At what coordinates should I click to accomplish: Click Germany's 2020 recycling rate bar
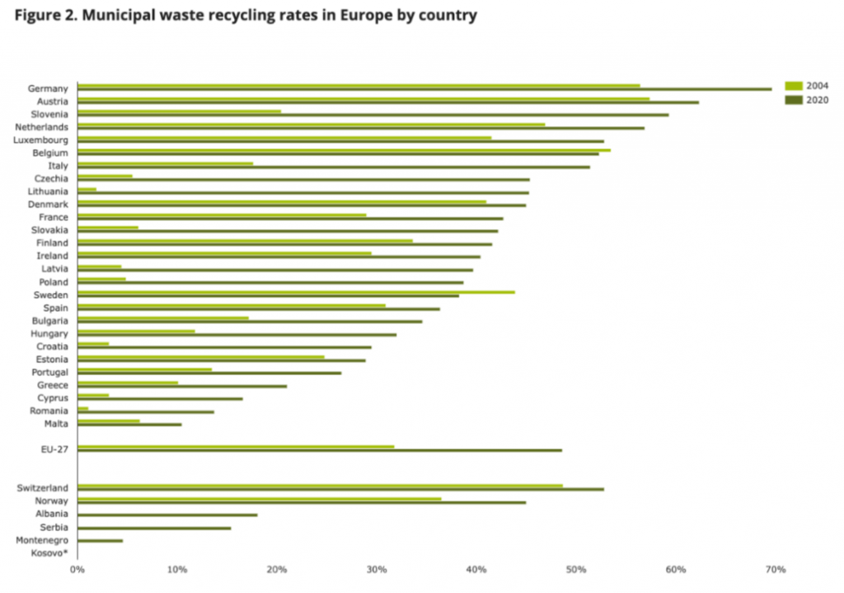click(x=424, y=89)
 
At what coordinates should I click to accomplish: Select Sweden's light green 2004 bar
click(x=296, y=292)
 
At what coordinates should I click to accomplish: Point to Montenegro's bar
click(x=100, y=541)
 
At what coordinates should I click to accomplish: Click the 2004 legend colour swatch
click(x=793, y=86)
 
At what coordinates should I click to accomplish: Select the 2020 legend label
click(x=817, y=100)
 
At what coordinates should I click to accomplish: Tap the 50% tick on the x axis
click(x=576, y=570)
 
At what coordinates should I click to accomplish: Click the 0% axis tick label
click(x=77, y=570)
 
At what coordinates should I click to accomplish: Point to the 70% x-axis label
click(x=776, y=570)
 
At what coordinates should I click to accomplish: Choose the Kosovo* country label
click(x=50, y=553)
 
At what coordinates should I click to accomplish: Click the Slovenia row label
click(x=49, y=114)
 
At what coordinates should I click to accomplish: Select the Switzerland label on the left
click(x=43, y=488)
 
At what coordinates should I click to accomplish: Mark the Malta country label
click(x=56, y=424)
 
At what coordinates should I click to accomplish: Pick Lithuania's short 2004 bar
click(x=87, y=189)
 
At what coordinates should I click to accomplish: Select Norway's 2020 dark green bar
click(x=301, y=502)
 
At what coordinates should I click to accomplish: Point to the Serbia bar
click(x=154, y=528)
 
